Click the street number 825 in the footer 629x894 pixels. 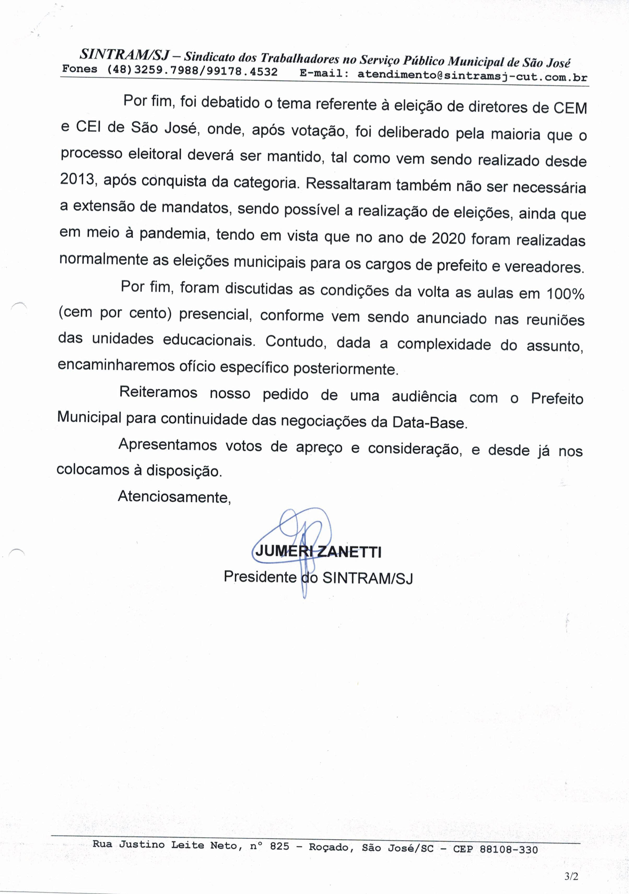[x=279, y=846]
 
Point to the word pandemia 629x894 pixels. [x=172, y=234]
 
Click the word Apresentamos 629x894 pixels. [x=168, y=445]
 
